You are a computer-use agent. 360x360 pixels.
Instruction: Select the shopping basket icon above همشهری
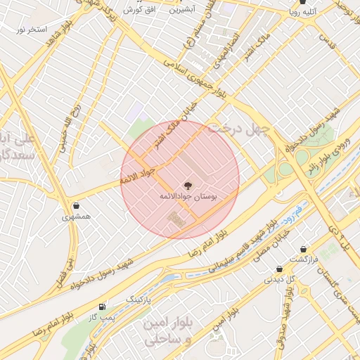(x=76, y=205)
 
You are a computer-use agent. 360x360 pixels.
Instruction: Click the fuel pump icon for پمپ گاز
(x=103, y=307)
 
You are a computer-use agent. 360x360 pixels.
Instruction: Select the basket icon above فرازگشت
(x=303, y=249)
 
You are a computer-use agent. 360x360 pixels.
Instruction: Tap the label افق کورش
(x=139, y=11)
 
